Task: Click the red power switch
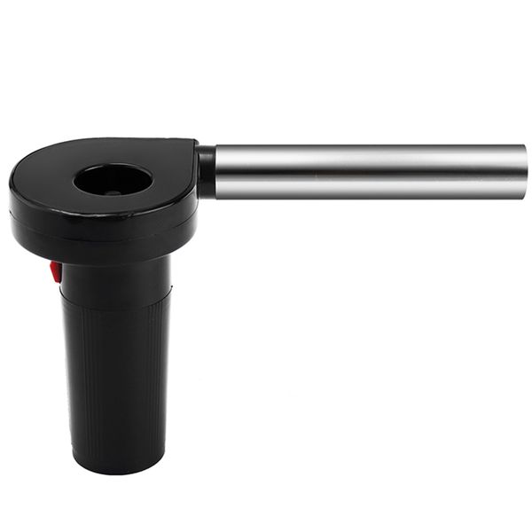point(56,271)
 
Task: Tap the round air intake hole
point(113,179)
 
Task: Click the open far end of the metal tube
point(524,171)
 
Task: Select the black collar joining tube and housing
point(206,171)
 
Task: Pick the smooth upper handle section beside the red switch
point(115,277)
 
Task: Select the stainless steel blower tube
point(368,171)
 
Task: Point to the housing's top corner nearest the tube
point(193,143)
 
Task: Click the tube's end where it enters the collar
point(218,171)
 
